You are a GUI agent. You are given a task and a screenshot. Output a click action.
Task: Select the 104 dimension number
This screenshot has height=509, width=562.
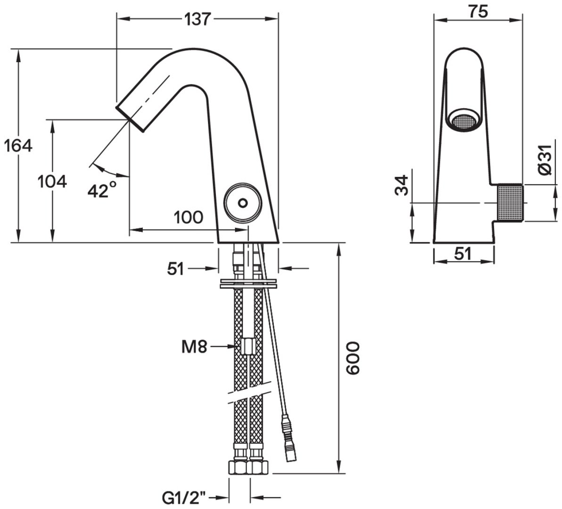coord(52,181)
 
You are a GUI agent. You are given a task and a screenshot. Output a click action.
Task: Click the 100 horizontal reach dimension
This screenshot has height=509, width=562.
coord(189,217)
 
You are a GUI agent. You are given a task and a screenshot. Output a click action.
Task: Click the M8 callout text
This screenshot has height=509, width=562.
coord(194,347)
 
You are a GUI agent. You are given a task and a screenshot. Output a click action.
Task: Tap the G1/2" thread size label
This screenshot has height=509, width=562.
coord(184,498)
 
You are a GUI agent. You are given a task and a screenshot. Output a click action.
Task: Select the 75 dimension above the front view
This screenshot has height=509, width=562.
coord(478,11)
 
